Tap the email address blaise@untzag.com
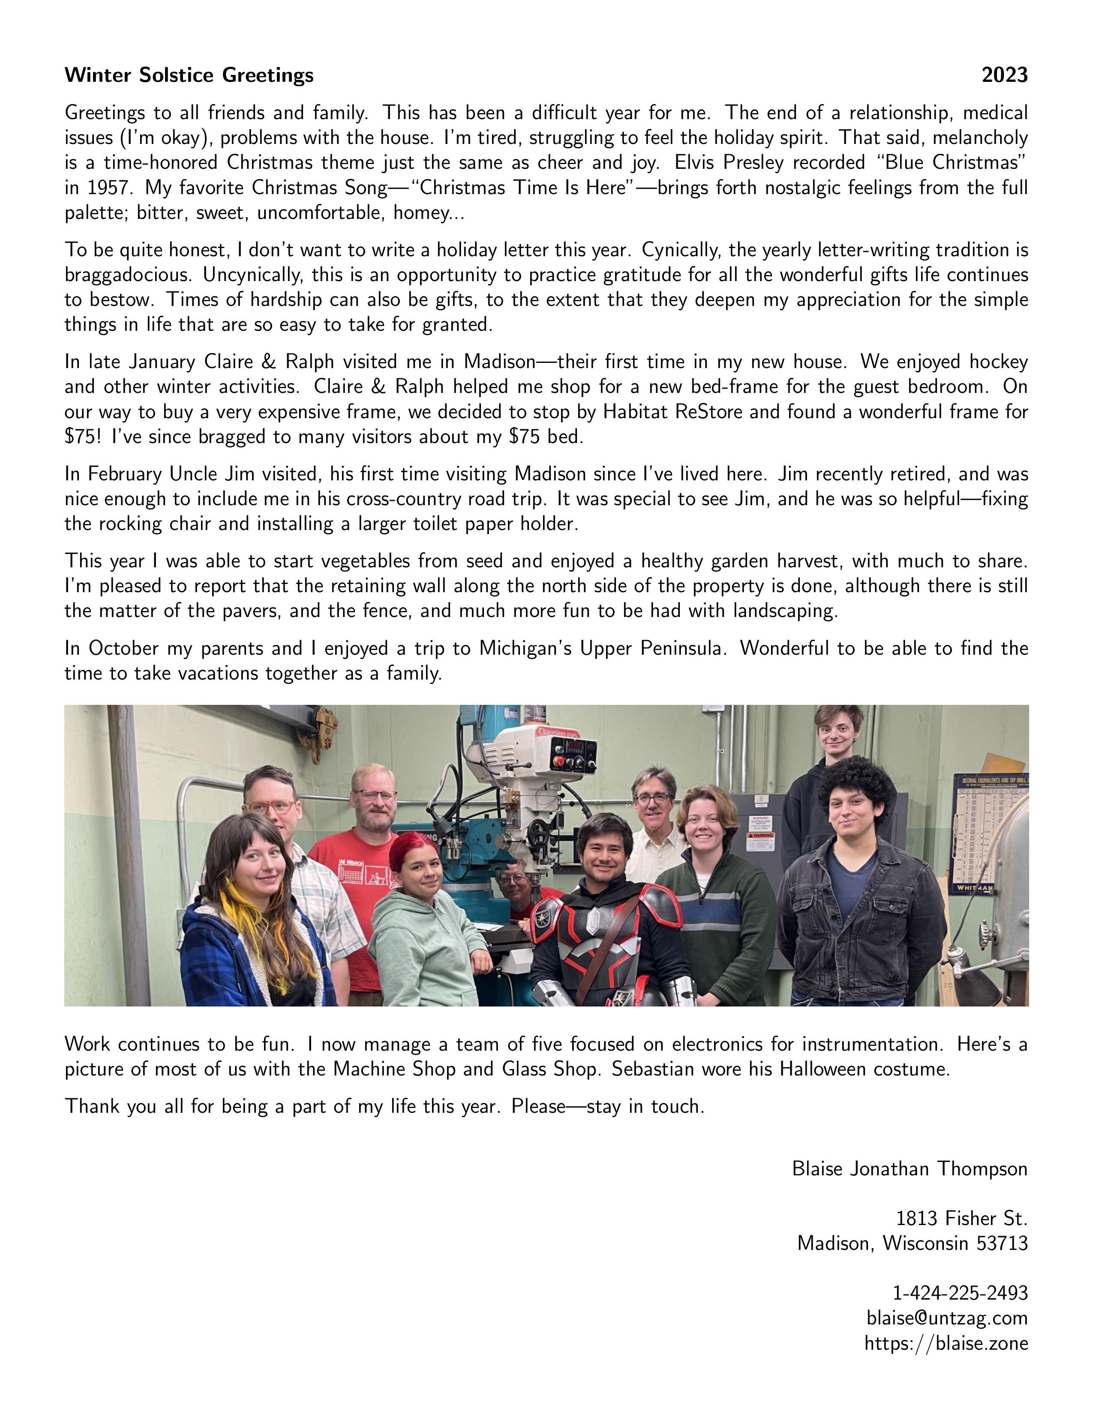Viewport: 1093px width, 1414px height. pos(947,1318)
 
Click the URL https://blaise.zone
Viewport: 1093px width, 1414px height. pos(946,1343)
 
